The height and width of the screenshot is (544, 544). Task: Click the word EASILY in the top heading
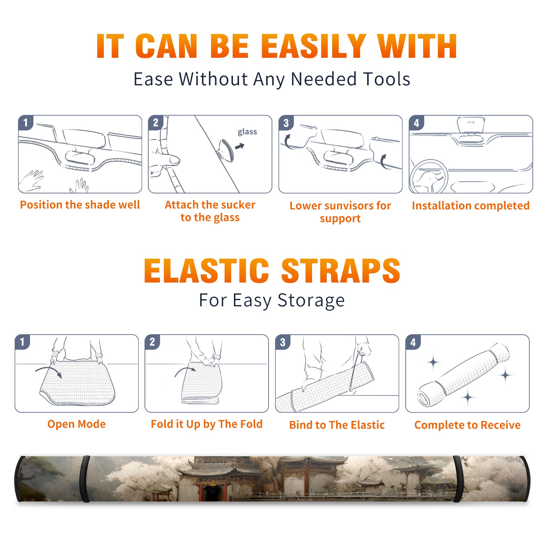(x=313, y=46)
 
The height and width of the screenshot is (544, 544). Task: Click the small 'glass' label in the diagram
(x=247, y=132)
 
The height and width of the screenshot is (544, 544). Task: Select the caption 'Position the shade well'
(x=80, y=205)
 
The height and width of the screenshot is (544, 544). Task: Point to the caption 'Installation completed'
(x=471, y=205)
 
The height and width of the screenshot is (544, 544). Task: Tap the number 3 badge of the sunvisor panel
(x=286, y=123)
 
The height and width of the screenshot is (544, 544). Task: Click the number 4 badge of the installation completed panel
(x=417, y=123)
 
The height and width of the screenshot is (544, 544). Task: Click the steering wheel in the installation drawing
(x=429, y=176)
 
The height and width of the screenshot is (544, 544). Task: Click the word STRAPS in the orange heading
(x=341, y=271)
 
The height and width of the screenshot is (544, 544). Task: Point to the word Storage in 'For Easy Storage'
(x=311, y=301)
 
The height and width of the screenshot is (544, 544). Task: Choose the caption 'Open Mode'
(x=76, y=424)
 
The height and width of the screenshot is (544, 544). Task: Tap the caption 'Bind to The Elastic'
(x=337, y=425)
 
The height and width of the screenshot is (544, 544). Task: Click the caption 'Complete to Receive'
(x=468, y=425)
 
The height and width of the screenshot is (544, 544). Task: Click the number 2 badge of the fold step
(x=152, y=342)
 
